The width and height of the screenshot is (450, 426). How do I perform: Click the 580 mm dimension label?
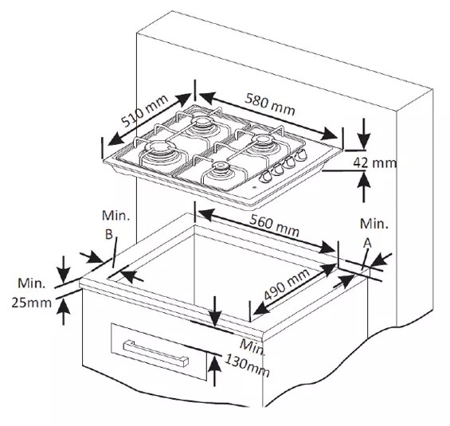(x=269, y=104)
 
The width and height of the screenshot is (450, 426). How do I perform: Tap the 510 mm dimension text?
(x=144, y=111)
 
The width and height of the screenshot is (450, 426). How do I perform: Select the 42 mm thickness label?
(x=374, y=163)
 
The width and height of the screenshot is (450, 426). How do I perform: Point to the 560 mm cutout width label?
(x=274, y=226)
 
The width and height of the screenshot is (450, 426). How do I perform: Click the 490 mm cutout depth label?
(x=287, y=284)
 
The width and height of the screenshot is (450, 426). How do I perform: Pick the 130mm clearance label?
(x=247, y=365)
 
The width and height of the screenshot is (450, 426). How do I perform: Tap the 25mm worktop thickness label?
(x=32, y=303)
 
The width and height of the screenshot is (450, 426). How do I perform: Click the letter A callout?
(x=367, y=244)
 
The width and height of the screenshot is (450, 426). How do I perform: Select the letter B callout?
(x=109, y=235)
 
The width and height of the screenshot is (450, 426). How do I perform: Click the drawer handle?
(x=156, y=353)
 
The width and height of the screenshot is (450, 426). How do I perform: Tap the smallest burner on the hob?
(x=221, y=166)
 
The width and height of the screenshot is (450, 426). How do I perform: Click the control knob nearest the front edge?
(x=265, y=177)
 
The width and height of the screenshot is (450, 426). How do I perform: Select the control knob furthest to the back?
(x=301, y=155)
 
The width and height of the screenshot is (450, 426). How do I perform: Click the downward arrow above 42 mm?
(x=364, y=134)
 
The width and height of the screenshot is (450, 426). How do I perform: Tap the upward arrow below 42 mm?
(x=364, y=187)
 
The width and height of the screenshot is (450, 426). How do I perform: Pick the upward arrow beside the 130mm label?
(x=215, y=370)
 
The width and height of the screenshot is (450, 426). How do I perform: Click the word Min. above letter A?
(x=374, y=224)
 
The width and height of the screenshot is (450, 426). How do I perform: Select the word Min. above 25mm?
(x=32, y=283)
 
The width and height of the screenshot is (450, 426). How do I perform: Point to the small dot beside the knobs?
(x=255, y=189)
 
